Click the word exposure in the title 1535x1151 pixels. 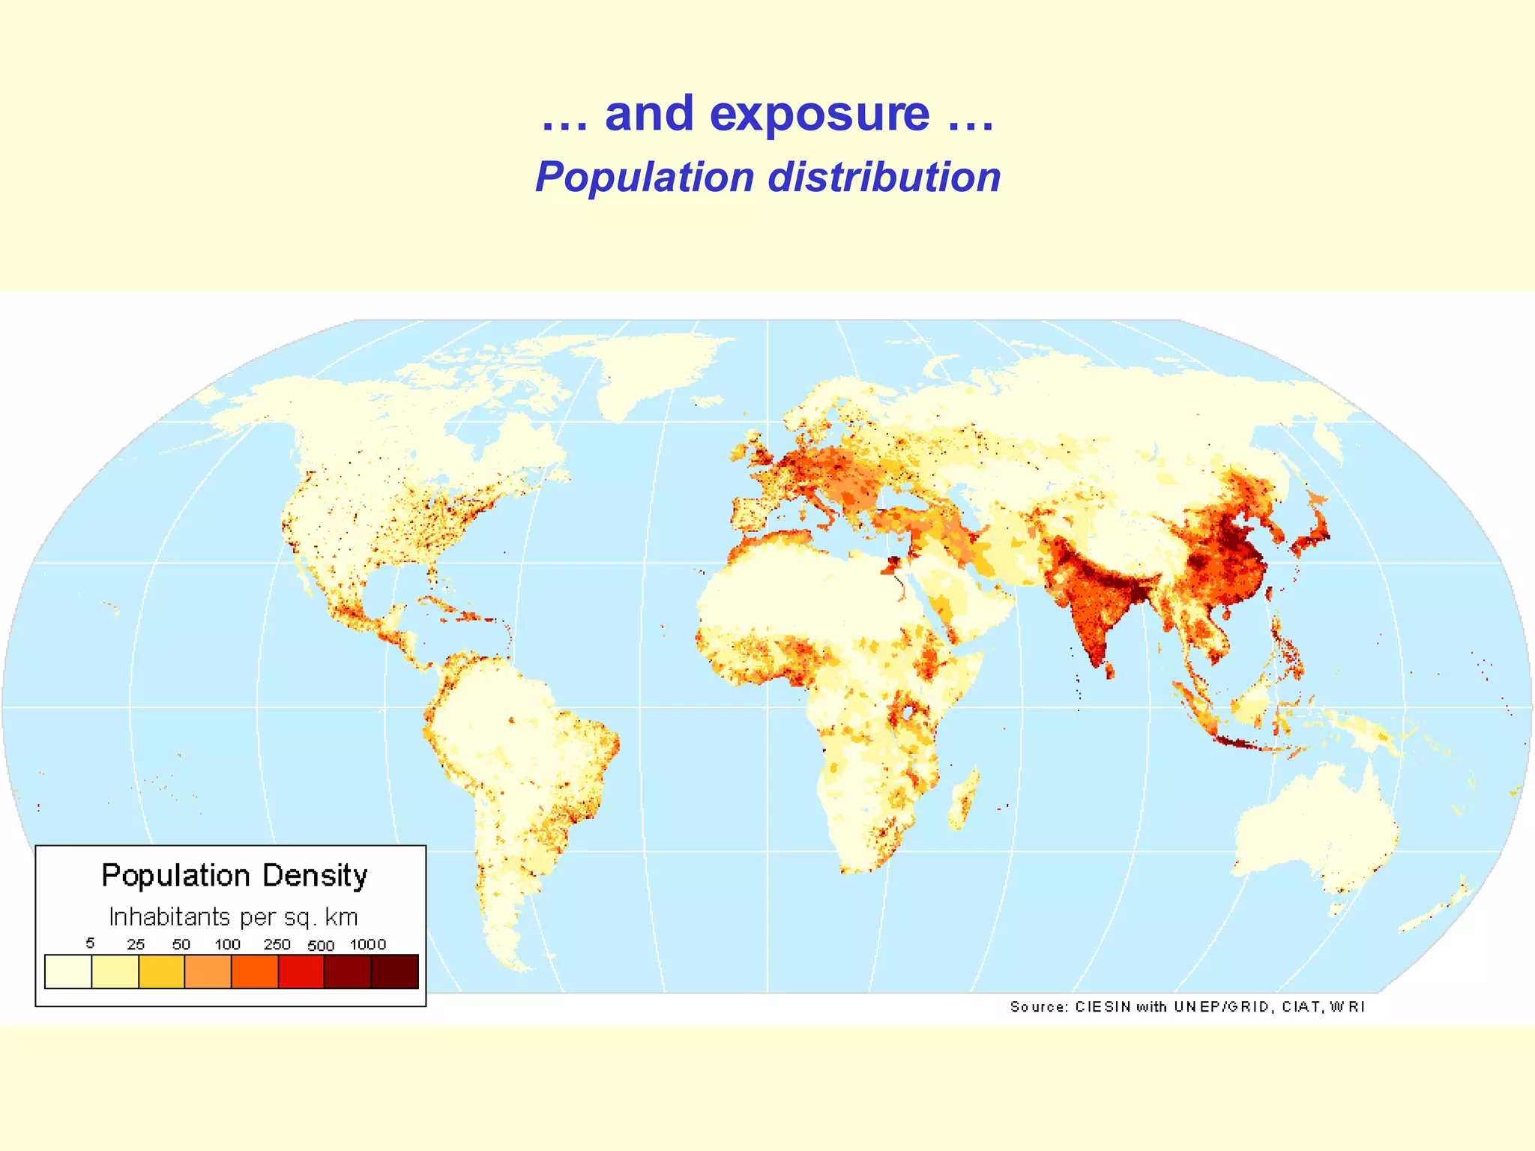819,114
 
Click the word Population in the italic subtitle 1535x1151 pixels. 645,178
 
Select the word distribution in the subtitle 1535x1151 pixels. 884,178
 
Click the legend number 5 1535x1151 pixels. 90,943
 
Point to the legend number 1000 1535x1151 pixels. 368,944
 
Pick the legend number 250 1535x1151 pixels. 277,944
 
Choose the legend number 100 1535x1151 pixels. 227,944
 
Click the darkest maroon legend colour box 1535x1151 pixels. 395,971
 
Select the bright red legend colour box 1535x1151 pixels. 301,971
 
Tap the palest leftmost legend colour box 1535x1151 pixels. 68,971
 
